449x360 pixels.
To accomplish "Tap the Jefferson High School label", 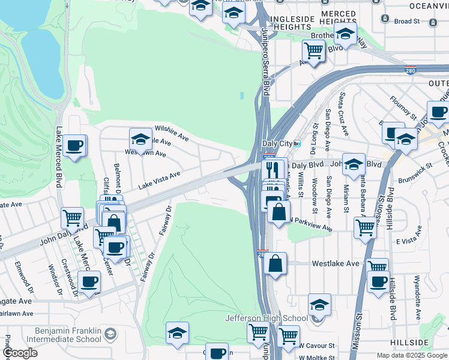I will point(266,319).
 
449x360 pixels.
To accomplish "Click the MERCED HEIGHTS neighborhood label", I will point(339,17).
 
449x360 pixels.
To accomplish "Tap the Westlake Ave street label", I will point(336,263).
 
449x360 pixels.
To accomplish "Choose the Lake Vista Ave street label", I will point(159,181).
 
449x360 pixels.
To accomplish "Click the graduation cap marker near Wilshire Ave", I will point(140,139).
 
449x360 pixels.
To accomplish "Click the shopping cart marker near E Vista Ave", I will point(364,227).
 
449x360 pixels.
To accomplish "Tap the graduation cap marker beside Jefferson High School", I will point(319,304).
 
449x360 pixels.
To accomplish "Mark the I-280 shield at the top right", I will point(411,70).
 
